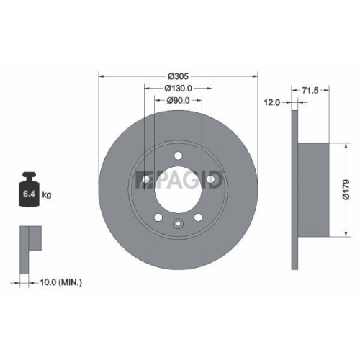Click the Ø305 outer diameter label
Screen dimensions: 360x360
[x=178, y=76]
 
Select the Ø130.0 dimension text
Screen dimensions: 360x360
[x=179, y=88]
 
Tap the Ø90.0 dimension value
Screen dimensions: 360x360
[x=179, y=100]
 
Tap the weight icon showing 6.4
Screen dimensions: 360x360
[x=30, y=191]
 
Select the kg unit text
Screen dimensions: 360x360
[x=47, y=195]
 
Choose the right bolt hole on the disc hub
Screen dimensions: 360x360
[x=212, y=178]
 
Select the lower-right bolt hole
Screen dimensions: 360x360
[x=199, y=217]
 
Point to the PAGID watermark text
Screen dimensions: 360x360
[x=180, y=179]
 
